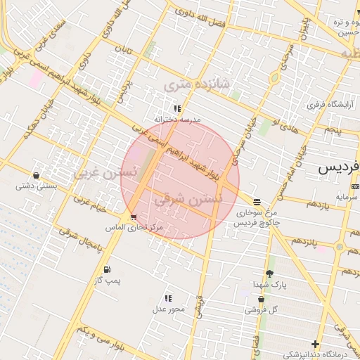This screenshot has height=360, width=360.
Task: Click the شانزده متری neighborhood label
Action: point(197,84)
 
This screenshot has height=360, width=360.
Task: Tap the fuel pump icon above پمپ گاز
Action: point(107,269)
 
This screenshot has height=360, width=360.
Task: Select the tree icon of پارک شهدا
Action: point(269,274)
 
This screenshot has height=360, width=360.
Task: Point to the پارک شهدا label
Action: point(270,285)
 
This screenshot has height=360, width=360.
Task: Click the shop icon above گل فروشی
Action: point(262,299)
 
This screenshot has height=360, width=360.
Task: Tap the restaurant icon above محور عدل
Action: point(168,298)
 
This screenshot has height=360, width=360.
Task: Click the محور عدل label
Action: point(168,309)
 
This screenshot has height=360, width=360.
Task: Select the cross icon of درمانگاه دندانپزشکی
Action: point(315,344)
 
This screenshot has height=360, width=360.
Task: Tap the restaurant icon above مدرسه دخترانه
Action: point(178,108)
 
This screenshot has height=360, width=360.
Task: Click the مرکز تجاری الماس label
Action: point(134,229)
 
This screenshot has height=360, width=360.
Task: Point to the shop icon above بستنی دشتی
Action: point(36,175)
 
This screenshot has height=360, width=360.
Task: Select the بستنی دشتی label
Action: point(36,186)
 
